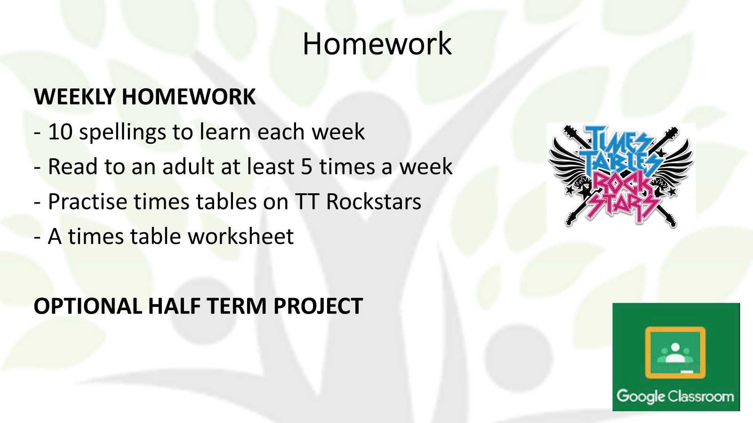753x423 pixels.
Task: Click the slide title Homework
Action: (377, 44)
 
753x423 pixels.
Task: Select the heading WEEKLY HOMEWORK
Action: (145, 97)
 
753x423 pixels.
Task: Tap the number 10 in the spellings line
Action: (61, 131)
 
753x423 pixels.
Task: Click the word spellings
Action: (123, 133)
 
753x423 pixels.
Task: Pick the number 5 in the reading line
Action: (306, 167)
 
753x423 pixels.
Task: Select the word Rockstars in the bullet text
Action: (374, 202)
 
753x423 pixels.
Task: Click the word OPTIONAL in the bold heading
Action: (88, 306)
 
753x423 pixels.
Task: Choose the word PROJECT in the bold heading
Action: (318, 306)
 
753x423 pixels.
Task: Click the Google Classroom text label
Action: (675, 397)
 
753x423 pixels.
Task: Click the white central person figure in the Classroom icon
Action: (675, 352)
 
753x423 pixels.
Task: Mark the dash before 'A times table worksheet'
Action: (37, 237)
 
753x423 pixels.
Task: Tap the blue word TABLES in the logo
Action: (620, 162)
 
